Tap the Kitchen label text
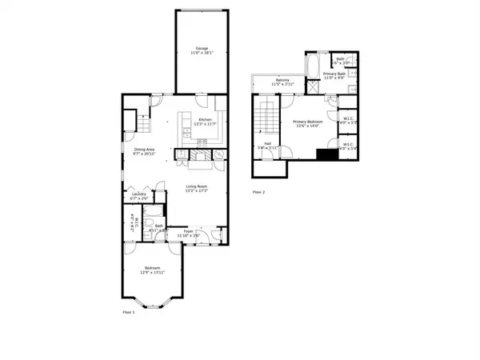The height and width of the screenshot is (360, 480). click(x=199, y=122)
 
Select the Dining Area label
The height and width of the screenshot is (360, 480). click(x=144, y=151)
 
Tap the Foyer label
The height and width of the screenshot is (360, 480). click(x=187, y=232)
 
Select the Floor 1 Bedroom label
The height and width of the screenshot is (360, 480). click(x=153, y=270)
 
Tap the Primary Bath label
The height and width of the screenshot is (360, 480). click(x=334, y=75)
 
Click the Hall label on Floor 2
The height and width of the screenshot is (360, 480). click(x=267, y=146)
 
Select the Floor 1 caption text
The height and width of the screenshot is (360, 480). click(x=129, y=312)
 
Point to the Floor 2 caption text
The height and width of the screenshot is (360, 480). click(x=258, y=192)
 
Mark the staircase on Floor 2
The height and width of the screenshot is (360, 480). click(x=263, y=120)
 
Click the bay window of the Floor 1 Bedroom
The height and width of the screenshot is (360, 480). click(x=152, y=302)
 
